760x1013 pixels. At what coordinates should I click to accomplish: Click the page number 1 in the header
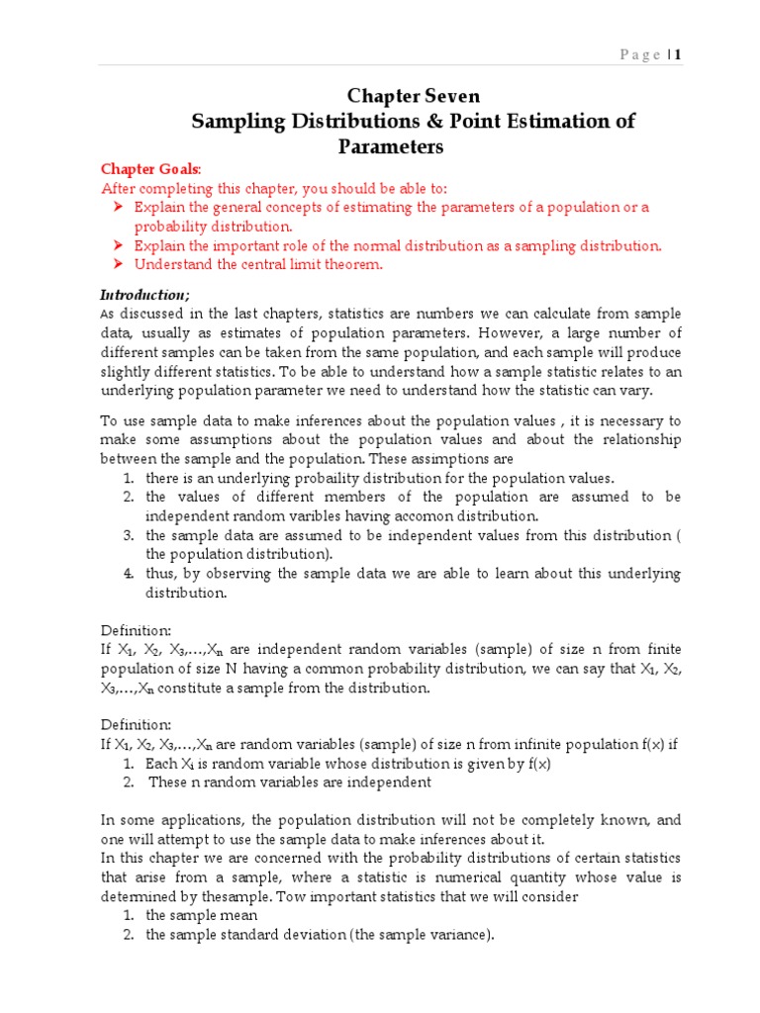click(679, 54)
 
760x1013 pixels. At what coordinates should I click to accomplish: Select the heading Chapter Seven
click(413, 96)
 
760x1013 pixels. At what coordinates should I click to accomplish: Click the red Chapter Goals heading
click(143, 170)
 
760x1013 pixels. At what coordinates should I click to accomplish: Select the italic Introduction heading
click(144, 295)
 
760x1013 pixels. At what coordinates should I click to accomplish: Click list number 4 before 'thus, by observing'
click(129, 574)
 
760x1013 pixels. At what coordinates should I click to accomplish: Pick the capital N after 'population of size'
click(232, 668)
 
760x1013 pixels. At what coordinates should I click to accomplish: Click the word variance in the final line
click(462, 935)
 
